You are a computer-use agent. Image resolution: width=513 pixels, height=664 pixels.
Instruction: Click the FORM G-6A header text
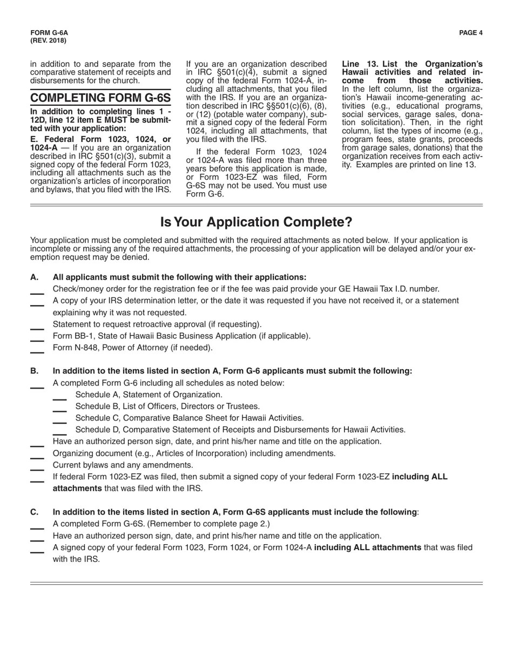point(49,33)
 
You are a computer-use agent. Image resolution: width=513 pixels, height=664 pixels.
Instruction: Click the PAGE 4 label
point(471,33)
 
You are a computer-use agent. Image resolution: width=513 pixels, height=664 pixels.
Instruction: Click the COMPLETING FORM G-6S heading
point(100,98)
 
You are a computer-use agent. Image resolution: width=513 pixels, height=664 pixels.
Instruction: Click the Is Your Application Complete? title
point(256,222)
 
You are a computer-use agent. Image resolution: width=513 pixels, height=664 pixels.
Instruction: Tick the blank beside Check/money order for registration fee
point(37,292)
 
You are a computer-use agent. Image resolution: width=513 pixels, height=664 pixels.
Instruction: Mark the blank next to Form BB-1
point(37,338)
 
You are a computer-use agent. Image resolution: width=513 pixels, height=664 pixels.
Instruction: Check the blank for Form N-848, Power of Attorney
point(37,350)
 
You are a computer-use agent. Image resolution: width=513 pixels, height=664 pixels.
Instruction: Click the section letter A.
point(35,277)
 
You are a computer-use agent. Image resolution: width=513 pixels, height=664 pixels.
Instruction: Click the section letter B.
point(35,371)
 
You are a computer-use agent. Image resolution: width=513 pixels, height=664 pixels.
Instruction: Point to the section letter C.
point(35,512)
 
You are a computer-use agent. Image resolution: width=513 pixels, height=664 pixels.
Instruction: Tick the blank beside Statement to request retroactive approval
point(37,327)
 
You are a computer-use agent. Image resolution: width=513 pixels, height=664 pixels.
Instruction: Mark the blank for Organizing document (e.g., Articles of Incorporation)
point(37,456)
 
